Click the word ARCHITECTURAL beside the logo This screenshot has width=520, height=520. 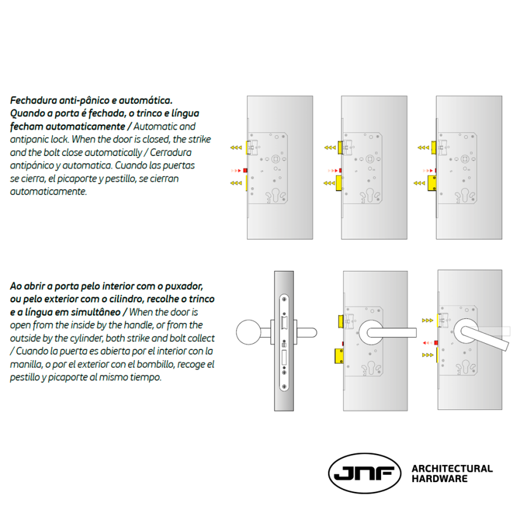[x=452, y=469]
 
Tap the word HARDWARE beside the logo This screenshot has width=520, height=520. [x=439, y=479]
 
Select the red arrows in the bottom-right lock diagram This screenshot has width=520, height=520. [x=426, y=343]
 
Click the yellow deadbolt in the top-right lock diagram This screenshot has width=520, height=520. [x=433, y=182]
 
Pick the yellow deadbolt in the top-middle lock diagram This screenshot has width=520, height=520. [x=338, y=182]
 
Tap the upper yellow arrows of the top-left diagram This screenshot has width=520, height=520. [x=235, y=147]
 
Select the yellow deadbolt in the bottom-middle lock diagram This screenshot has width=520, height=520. [x=338, y=354]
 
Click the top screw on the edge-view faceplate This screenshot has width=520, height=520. [x=285, y=300]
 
